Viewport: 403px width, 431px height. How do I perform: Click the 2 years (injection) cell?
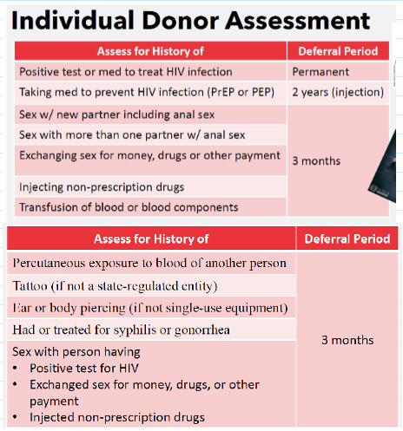(338, 92)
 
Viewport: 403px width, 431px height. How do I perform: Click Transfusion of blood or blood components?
(129, 206)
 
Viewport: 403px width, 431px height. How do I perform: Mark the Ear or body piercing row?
(149, 308)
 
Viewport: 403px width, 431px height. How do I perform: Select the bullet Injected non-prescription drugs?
(117, 416)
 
